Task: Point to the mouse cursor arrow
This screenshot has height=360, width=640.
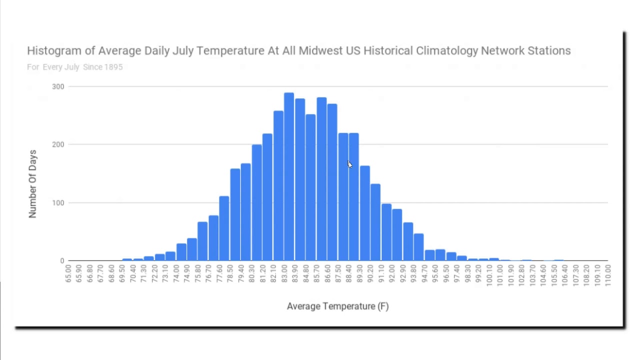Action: pos(349,164)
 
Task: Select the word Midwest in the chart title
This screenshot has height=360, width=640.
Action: pos(323,51)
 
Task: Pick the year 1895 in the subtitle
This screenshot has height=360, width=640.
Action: pos(113,67)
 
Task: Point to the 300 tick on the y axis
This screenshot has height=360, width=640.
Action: pos(58,86)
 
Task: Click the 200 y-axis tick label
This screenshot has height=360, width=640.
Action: pos(58,144)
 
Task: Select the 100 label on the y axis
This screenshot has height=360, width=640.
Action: pos(58,202)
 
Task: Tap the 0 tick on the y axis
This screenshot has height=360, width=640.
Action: pos(62,261)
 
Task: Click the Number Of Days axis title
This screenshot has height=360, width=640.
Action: pos(32,183)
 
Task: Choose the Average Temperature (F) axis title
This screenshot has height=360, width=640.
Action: pos(337,306)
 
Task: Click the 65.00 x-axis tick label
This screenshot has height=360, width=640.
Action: pos(68,273)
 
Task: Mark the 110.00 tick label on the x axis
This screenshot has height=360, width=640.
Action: pos(608,273)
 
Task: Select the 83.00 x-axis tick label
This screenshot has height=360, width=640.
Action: pos(284,273)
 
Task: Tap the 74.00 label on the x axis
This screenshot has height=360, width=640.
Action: pos(176,273)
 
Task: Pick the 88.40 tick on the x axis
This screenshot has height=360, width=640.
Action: pos(349,273)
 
